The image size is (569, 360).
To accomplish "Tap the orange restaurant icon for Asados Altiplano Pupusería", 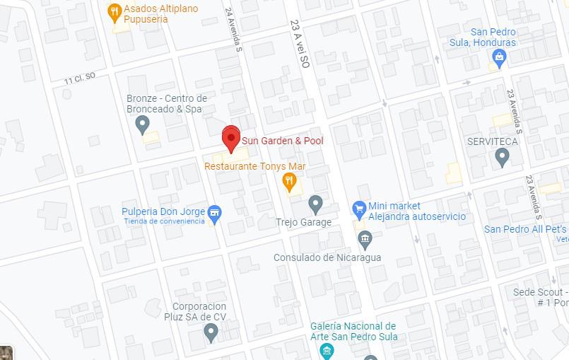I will [x=115, y=11].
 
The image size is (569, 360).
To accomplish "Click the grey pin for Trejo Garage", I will [x=316, y=204].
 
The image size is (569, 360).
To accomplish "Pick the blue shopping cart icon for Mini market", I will [x=360, y=209].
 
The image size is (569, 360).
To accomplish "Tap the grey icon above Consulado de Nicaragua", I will [x=365, y=240].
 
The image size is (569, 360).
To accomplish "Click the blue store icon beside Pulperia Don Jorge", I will [x=215, y=211].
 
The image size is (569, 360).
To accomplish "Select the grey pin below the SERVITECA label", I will [x=503, y=157].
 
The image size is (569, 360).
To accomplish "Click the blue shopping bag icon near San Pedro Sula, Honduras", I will [x=500, y=58].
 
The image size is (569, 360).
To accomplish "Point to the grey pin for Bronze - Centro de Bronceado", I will [x=142, y=125].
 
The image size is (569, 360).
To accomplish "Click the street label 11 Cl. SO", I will [x=79, y=80].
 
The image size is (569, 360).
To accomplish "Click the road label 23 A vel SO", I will [x=300, y=33].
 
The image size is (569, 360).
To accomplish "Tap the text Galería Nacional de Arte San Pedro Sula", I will [x=353, y=331].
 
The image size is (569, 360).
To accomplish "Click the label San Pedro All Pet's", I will [x=526, y=229].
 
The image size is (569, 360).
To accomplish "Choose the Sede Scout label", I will [x=541, y=292].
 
